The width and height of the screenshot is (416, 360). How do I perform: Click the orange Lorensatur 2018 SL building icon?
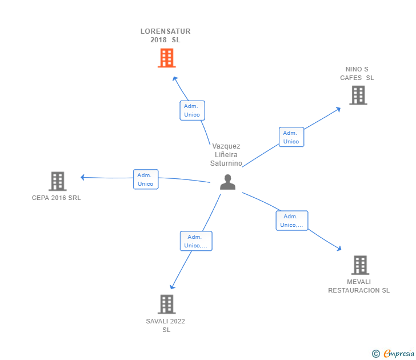[166, 58]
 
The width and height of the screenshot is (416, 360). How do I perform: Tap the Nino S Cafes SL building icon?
[358, 95]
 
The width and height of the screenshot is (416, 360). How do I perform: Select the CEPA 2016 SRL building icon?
[57, 181]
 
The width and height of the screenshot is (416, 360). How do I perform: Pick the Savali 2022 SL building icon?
[166, 304]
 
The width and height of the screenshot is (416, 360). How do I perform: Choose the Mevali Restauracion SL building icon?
[359, 265]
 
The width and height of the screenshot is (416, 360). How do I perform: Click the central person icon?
[227, 182]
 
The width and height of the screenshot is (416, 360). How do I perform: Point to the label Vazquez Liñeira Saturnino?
[226, 154]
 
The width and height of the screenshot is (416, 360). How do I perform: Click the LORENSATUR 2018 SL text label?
[166, 35]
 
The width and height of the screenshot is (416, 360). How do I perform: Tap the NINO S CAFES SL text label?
[357, 74]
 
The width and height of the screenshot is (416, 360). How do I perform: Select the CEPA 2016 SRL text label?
[57, 198]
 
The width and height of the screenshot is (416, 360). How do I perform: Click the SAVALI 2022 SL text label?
[166, 325]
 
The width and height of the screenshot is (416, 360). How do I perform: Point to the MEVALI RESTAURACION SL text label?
[359, 286]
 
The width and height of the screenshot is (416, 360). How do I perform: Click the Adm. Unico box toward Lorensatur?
[192, 110]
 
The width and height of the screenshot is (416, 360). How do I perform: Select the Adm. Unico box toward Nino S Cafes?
[291, 137]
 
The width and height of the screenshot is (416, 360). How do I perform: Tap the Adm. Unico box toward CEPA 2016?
[145, 179]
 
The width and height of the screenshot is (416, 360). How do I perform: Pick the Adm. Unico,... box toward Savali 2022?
[196, 241]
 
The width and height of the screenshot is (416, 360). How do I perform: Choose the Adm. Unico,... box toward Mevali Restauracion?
[291, 221]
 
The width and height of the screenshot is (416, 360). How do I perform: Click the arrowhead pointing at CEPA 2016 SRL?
[83, 177]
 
